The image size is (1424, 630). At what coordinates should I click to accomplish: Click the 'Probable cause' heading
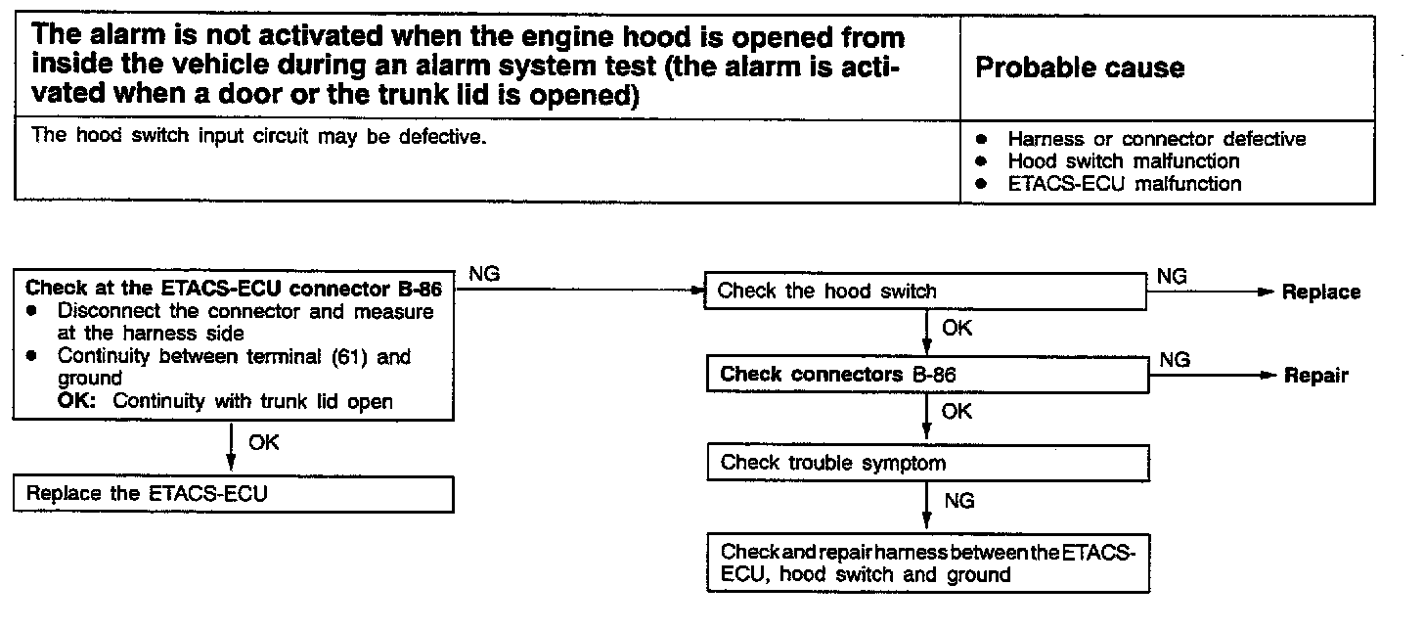click(1080, 67)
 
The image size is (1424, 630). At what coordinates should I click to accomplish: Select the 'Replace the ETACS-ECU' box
click(234, 494)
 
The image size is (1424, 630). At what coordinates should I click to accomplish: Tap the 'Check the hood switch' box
click(925, 291)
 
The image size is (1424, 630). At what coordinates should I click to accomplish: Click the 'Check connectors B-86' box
click(925, 375)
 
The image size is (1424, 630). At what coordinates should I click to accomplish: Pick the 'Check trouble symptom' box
click(925, 462)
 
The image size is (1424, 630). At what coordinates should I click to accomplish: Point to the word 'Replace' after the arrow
click(1321, 292)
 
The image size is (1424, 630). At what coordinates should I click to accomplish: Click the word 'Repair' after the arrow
click(1315, 376)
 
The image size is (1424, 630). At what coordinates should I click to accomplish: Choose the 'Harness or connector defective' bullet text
click(1156, 139)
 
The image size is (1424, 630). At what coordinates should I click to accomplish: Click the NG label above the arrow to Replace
click(1173, 277)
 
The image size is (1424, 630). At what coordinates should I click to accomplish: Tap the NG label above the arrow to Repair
click(1175, 360)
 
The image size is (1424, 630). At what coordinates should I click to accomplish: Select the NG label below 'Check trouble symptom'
click(959, 501)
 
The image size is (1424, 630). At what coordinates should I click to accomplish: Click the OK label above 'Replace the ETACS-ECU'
click(263, 442)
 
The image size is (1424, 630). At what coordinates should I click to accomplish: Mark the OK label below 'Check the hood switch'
click(957, 329)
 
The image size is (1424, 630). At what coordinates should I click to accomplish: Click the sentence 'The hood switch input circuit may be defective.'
click(258, 136)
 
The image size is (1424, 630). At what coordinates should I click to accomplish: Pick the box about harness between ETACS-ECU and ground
click(925, 563)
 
